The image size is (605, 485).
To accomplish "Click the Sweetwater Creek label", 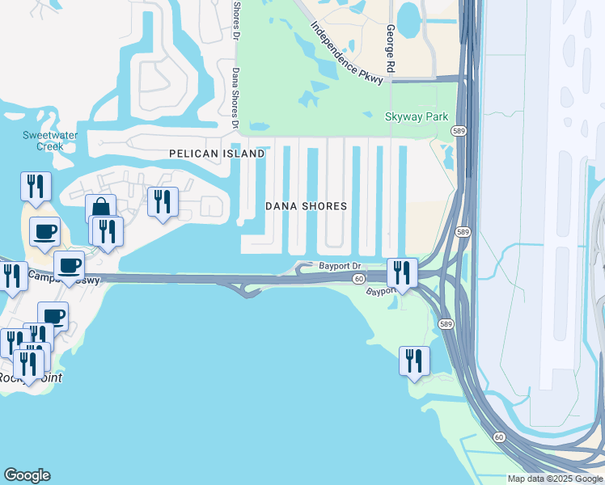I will pyautogui.click(x=43, y=141).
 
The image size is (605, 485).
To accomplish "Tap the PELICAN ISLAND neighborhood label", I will pyautogui.click(x=217, y=154).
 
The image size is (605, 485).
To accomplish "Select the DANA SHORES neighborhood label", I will pyautogui.click(x=307, y=206).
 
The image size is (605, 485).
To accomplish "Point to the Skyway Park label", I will pyautogui.click(x=417, y=117).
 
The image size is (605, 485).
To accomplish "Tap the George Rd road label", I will pyautogui.click(x=390, y=51).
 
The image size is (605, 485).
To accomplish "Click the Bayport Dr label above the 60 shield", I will pyautogui.click(x=339, y=265).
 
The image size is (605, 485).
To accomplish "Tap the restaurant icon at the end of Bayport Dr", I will pyautogui.click(x=402, y=272).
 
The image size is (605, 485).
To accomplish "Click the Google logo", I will pyautogui.click(x=27, y=475).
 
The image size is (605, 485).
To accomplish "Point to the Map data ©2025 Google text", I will pyautogui.click(x=555, y=479).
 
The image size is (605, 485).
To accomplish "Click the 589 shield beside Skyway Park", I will pyautogui.click(x=458, y=131).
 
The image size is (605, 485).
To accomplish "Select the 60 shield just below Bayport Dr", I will pyautogui.click(x=358, y=279).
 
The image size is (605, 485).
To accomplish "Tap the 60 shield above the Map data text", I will pyautogui.click(x=499, y=437).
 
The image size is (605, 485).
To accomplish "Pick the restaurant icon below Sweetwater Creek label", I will pyautogui.click(x=36, y=186).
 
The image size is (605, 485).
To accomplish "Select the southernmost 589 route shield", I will pyautogui.click(x=446, y=323).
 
